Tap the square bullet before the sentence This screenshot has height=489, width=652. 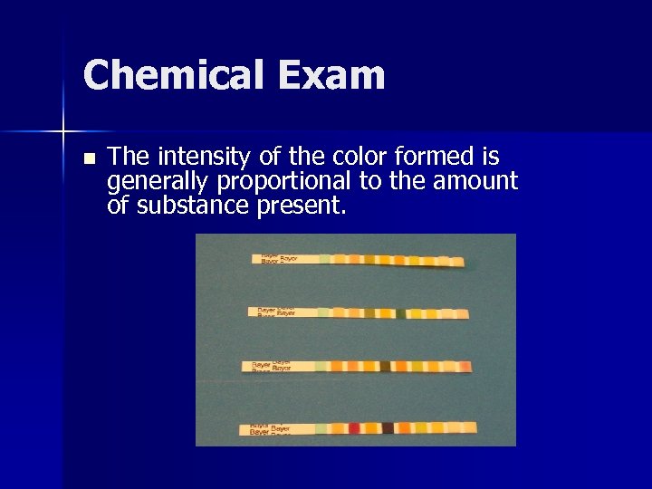coord(88,158)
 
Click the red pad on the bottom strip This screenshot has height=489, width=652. coord(354,427)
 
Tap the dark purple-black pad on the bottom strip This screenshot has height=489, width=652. coord(388,427)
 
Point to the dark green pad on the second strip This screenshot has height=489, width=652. coord(400,313)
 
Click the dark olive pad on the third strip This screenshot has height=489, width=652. coord(385,367)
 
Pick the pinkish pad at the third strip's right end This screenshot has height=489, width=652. coord(464,367)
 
